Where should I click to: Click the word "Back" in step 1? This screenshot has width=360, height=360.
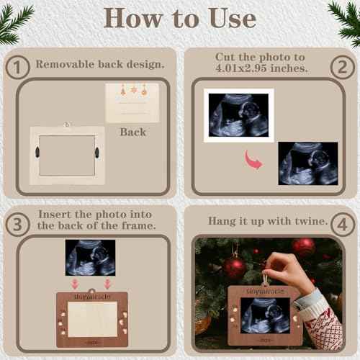pos(132,132)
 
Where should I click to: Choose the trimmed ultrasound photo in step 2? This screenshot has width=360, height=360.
pos(307,163)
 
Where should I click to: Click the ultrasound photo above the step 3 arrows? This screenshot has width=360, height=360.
pos(90,257)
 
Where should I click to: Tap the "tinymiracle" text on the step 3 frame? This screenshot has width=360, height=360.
pos(91,297)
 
